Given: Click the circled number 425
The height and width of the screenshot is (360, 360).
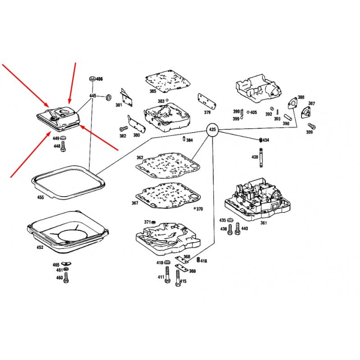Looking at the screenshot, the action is point(212,130).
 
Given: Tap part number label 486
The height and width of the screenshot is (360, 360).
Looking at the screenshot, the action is point(99,79).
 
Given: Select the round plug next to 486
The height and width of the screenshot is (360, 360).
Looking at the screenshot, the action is point(93,78).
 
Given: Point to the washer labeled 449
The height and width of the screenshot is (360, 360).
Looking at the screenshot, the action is point(63,138).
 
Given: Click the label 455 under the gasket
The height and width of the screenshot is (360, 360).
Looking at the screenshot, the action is point(40,197).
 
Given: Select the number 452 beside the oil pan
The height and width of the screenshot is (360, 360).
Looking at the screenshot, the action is point(40,247).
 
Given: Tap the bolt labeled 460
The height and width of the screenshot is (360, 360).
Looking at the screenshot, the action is point(66,278).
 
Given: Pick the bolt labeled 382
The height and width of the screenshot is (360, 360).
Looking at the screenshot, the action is point(123,129).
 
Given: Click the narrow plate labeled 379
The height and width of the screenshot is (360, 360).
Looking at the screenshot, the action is point(207,101).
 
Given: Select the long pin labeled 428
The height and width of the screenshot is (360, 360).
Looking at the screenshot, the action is point(261,157).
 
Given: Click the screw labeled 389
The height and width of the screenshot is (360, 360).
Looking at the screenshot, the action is point(311,126).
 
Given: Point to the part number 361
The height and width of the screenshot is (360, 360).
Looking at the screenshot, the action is point(264,223).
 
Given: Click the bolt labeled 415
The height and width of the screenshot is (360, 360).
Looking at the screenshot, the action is point(178,278).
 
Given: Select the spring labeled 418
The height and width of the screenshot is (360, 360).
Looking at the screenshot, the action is point(198,260).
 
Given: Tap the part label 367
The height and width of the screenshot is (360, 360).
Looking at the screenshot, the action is point(135,203).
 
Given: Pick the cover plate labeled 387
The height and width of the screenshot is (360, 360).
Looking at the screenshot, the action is point(306,112).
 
